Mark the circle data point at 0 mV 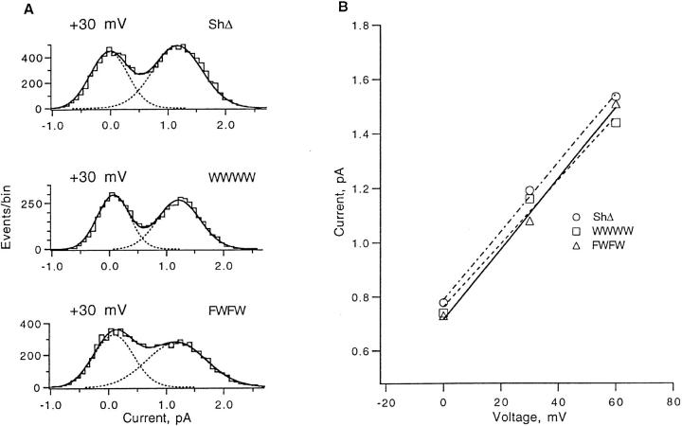443,303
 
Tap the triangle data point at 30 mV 529,222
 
